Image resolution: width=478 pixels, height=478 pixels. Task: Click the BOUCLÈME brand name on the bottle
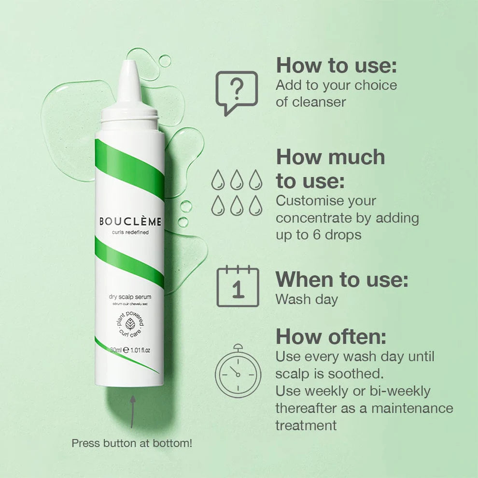130,222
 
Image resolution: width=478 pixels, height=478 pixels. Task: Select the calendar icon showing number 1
238,286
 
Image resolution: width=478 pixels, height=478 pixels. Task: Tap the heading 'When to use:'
342,280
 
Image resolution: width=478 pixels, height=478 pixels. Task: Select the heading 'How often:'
331,337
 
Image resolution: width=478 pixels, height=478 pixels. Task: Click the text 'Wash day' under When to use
307,299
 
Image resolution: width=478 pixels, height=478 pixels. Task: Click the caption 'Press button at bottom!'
132,443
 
